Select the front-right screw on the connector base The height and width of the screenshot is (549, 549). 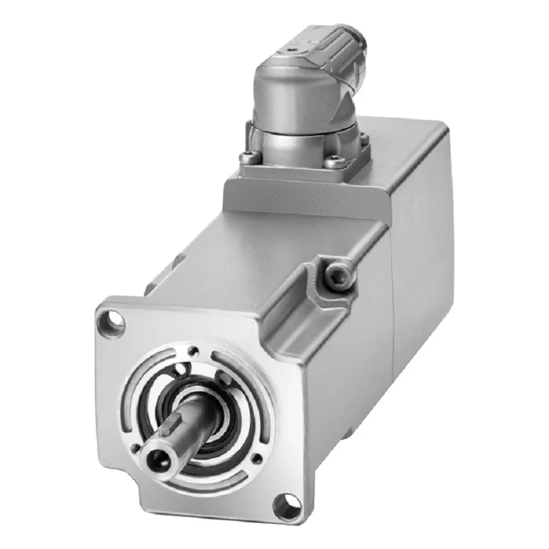point(334,163)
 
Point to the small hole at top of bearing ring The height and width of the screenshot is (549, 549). point(195,353)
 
